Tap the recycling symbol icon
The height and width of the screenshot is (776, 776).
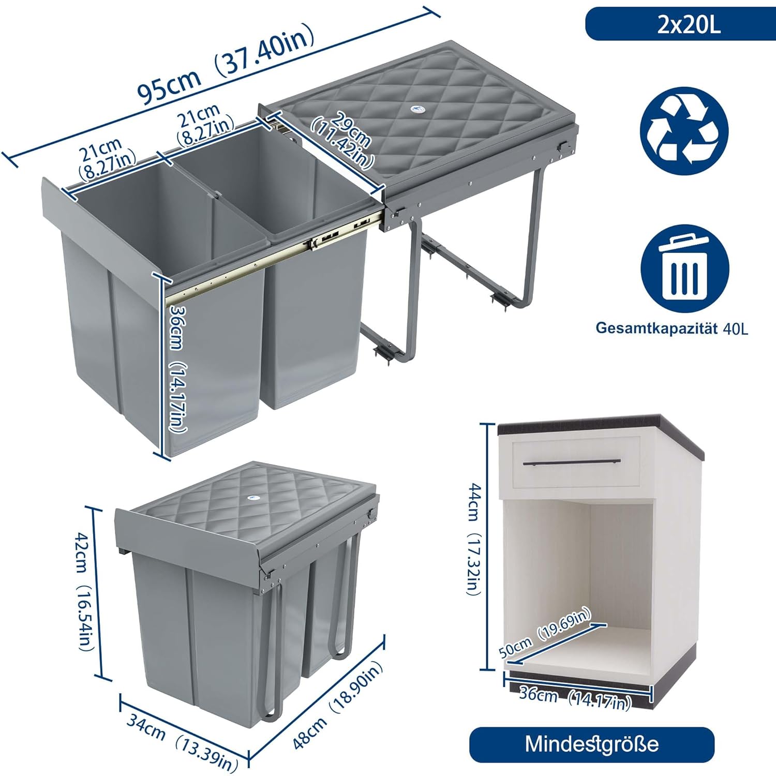coord(684,131)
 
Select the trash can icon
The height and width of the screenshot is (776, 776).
coord(684,268)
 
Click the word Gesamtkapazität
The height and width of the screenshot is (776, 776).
coord(656,328)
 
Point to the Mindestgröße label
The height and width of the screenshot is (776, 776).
coord(592,744)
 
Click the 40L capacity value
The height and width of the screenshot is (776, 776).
coord(736,329)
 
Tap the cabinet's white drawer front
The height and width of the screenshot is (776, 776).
coord(577,463)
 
